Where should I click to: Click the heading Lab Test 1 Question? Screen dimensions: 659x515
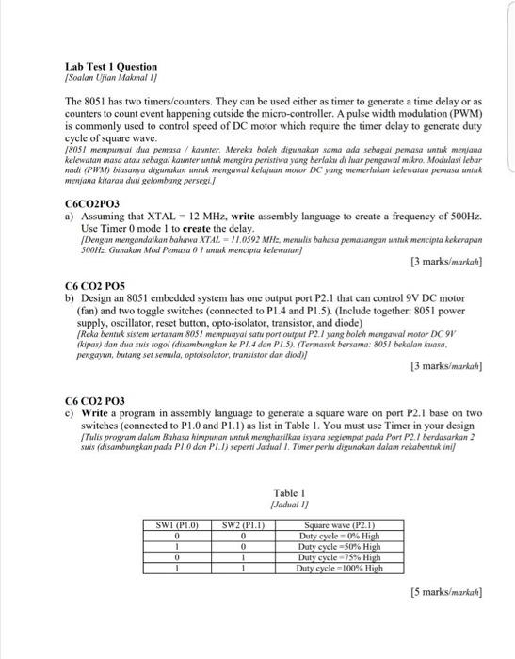coord(110,67)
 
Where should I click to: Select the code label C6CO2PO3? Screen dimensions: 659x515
coord(92,202)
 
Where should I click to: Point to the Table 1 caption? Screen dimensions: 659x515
coord(288,491)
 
